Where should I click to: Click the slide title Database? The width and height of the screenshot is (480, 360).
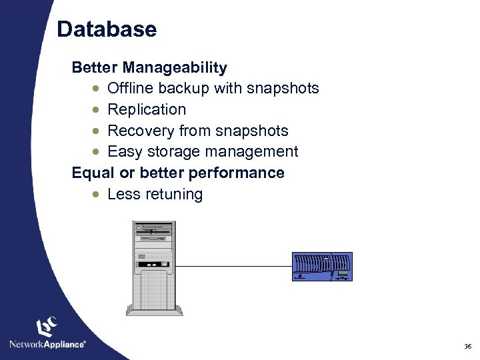click(x=107, y=29)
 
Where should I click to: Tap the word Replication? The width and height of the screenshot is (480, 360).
click(x=147, y=109)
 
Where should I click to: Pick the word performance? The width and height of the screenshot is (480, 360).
click(x=237, y=173)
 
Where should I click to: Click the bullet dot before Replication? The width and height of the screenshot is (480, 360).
click(x=97, y=110)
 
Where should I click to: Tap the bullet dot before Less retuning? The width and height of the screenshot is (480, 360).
click(x=97, y=195)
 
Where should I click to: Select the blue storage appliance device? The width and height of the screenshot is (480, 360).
click(x=322, y=267)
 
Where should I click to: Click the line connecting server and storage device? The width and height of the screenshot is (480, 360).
click(x=233, y=267)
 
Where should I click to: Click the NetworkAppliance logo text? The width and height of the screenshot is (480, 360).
click(x=47, y=344)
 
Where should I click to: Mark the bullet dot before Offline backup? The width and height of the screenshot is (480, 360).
click(x=97, y=89)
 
